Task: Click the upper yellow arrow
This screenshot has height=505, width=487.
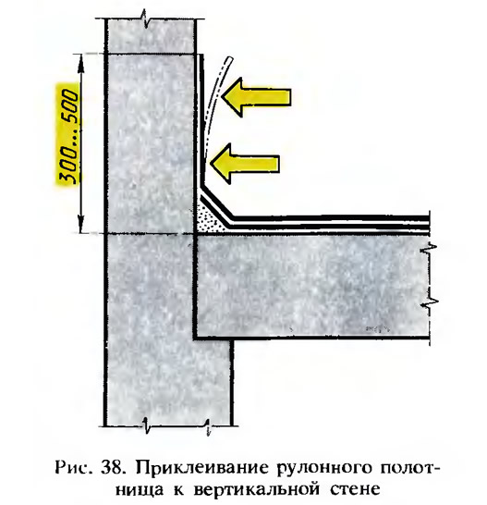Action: [x=256, y=96]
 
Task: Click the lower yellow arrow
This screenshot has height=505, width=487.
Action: [x=245, y=164]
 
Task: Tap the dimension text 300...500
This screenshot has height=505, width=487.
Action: [x=68, y=137]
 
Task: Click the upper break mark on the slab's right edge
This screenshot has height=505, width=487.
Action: [x=431, y=250]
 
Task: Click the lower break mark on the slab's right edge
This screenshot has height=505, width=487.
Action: [x=431, y=302]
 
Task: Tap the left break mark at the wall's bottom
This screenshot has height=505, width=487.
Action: [x=145, y=425]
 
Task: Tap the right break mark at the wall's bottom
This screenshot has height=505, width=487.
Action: [x=208, y=425]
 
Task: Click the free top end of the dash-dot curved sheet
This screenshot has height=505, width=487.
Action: [x=229, y=58]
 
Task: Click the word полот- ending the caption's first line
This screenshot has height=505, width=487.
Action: [x=406, y=468]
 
